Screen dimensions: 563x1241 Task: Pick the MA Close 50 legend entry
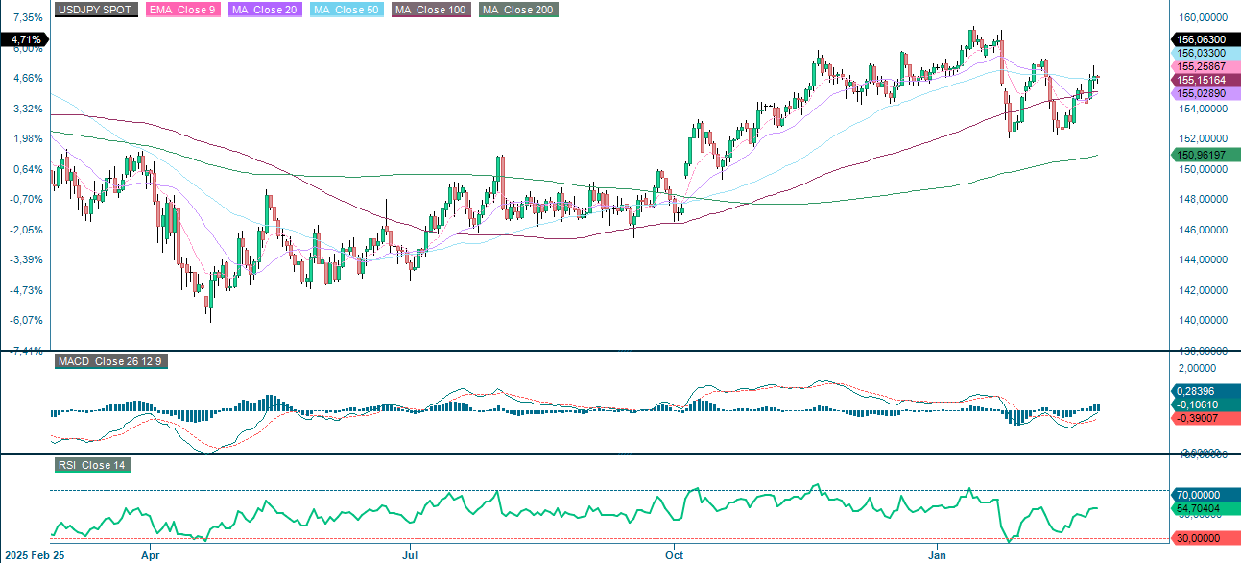(x=346, y=10)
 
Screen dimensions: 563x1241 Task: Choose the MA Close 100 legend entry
(x=429, y=10)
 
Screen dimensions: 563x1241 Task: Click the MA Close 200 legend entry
(x=518, y=10)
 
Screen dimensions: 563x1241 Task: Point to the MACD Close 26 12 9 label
(x=109, y=361)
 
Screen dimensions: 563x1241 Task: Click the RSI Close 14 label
(x=92, y=465)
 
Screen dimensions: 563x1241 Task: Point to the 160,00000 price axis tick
(x=1202, y=17)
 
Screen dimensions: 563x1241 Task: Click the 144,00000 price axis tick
(x=1202, y=260)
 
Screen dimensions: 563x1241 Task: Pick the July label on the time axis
(x=411, y=554)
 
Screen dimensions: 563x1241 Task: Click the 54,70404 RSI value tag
(x=1202, y=507)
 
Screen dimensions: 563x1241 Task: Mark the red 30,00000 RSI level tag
(x=1202, y=539)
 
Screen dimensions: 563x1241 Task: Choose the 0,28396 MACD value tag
(x=1202, y=391)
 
